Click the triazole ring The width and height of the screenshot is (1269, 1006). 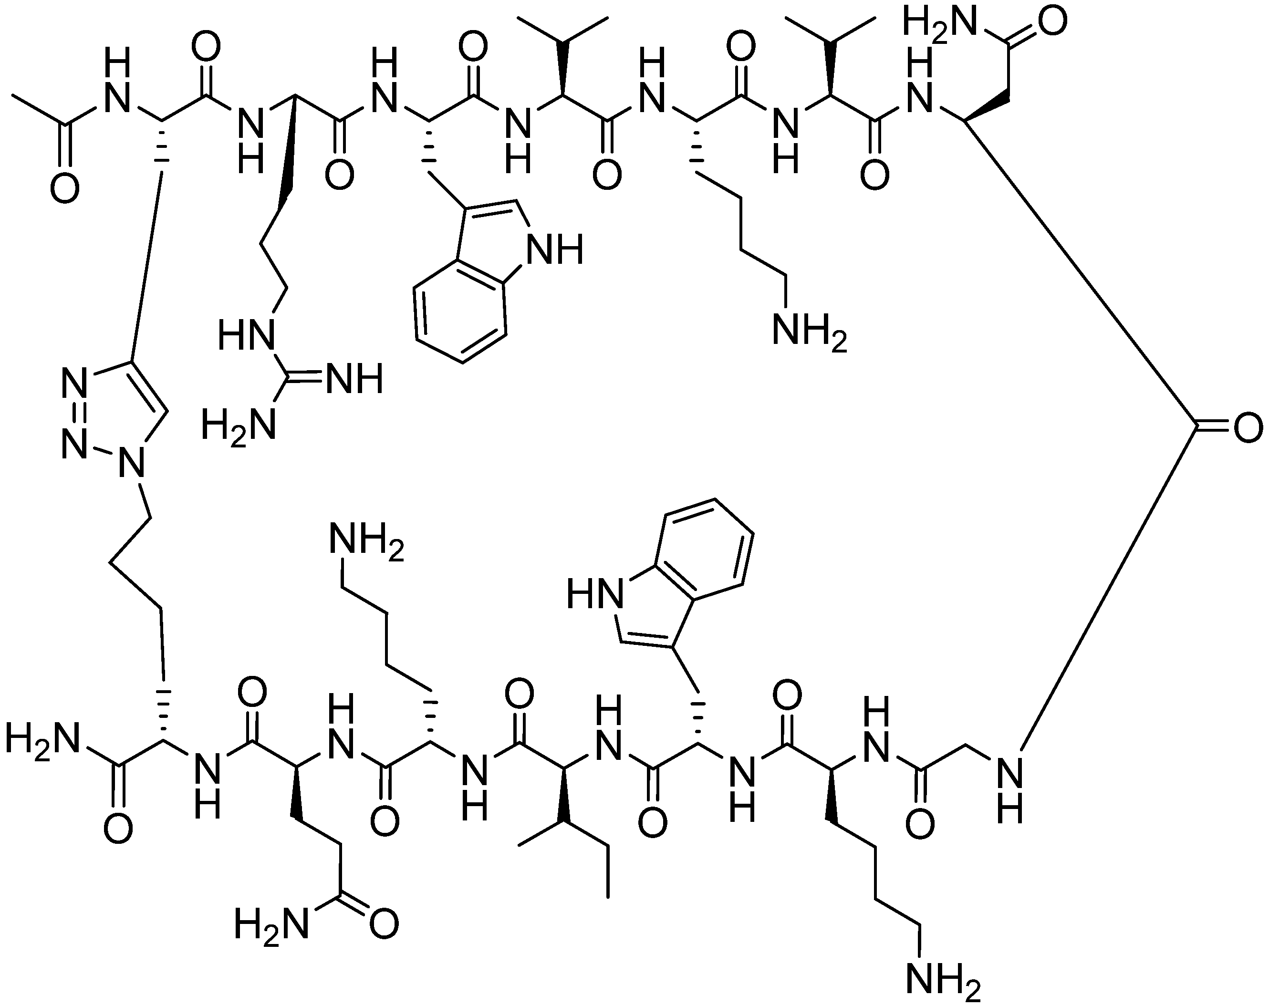coord(115,415)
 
